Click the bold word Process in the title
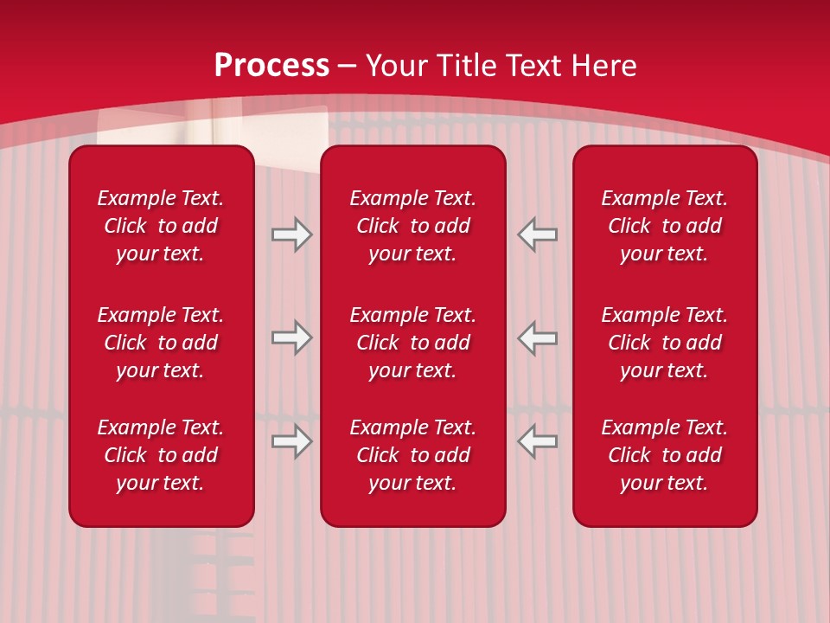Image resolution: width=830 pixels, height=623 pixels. (x=271, y=66)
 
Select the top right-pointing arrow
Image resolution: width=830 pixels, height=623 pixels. (x=291, y=234)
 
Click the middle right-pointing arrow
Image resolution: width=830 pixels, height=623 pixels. (x=291, y=337)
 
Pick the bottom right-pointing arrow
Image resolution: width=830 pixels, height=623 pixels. (x=291, y=441)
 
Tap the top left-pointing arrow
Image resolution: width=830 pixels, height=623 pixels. (x=538, y=234)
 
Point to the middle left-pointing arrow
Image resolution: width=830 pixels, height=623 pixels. (x=538, y=337)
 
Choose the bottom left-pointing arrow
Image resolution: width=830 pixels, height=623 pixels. (x=538, y=441)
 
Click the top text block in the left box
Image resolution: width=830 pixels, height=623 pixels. (x=161, y=226)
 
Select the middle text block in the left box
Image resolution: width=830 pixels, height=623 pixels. (x=161, y=343)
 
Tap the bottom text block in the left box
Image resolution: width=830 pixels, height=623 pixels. (x=161, y=455)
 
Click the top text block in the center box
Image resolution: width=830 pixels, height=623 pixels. (x=413, y=226)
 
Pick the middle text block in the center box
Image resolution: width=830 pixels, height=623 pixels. (x=413, y=343)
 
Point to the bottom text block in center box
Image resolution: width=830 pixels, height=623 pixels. (x=413, y=455)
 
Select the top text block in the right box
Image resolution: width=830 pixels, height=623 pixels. (x=665, y=226)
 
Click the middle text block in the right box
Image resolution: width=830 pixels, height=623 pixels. (x=665, y=343)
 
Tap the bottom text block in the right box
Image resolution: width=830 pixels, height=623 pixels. (x=665, y=455)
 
